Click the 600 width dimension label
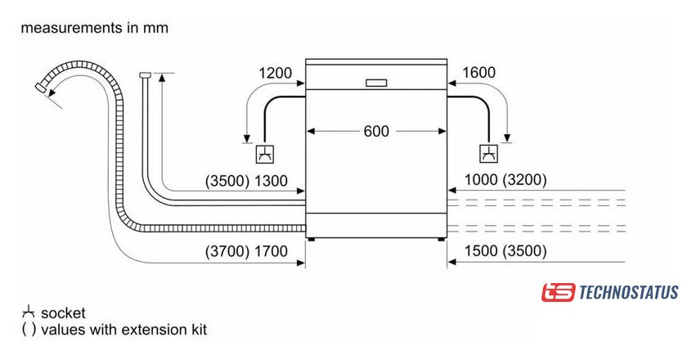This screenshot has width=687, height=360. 377,131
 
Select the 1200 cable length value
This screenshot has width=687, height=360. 275,73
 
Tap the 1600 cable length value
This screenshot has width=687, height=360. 479,73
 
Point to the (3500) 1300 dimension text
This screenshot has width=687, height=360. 246,181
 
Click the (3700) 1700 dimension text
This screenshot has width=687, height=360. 246,251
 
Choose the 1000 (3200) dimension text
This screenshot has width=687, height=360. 505,181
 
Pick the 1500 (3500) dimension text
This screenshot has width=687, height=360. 505,251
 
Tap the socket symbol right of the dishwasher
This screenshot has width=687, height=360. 488,153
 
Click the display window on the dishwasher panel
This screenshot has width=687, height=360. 377,83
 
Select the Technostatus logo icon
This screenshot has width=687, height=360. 558,292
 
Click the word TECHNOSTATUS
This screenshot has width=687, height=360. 629,292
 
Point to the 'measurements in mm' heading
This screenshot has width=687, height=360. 94,28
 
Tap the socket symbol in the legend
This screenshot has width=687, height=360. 29,312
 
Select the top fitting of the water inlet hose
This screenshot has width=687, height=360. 146,75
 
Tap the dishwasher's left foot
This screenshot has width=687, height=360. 311,239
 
